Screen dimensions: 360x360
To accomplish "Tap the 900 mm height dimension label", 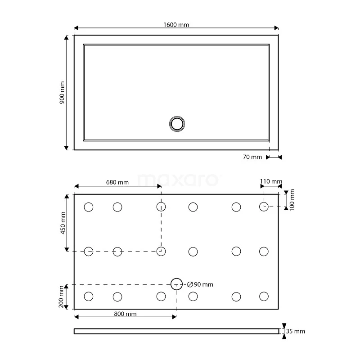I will (62, 93).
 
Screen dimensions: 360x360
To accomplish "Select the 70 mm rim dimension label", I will (252, 157).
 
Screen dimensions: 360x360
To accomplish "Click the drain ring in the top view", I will (177, 123).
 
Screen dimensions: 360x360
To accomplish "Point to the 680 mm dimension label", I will (117, 182).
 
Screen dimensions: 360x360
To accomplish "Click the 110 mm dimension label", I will (271, 182).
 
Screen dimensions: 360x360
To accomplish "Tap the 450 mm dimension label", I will (63, 223).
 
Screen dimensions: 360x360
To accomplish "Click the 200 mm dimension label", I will (63, 297).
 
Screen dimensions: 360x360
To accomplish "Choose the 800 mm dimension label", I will (125, 314).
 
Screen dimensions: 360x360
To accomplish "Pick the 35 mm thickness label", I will (296, 332).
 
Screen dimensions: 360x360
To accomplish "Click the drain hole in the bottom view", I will (176, 284).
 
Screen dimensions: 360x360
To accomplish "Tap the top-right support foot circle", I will (264, 207).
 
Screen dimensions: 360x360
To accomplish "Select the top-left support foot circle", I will (89, 207).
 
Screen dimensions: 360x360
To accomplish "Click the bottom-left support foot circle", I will (89, 296).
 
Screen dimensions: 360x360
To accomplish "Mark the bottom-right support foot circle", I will (264, 296).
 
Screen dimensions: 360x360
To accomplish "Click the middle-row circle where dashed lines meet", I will (161, 251).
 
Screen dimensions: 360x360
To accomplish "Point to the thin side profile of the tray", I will (176, 332).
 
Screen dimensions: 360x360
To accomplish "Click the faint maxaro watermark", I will (179, 180).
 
